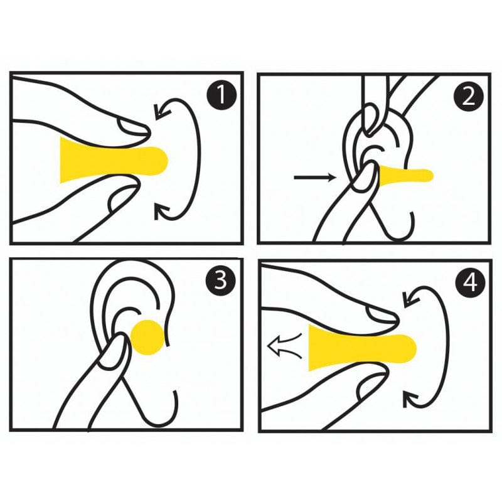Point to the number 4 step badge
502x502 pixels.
(469, 284)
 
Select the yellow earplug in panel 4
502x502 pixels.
(358, 348)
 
